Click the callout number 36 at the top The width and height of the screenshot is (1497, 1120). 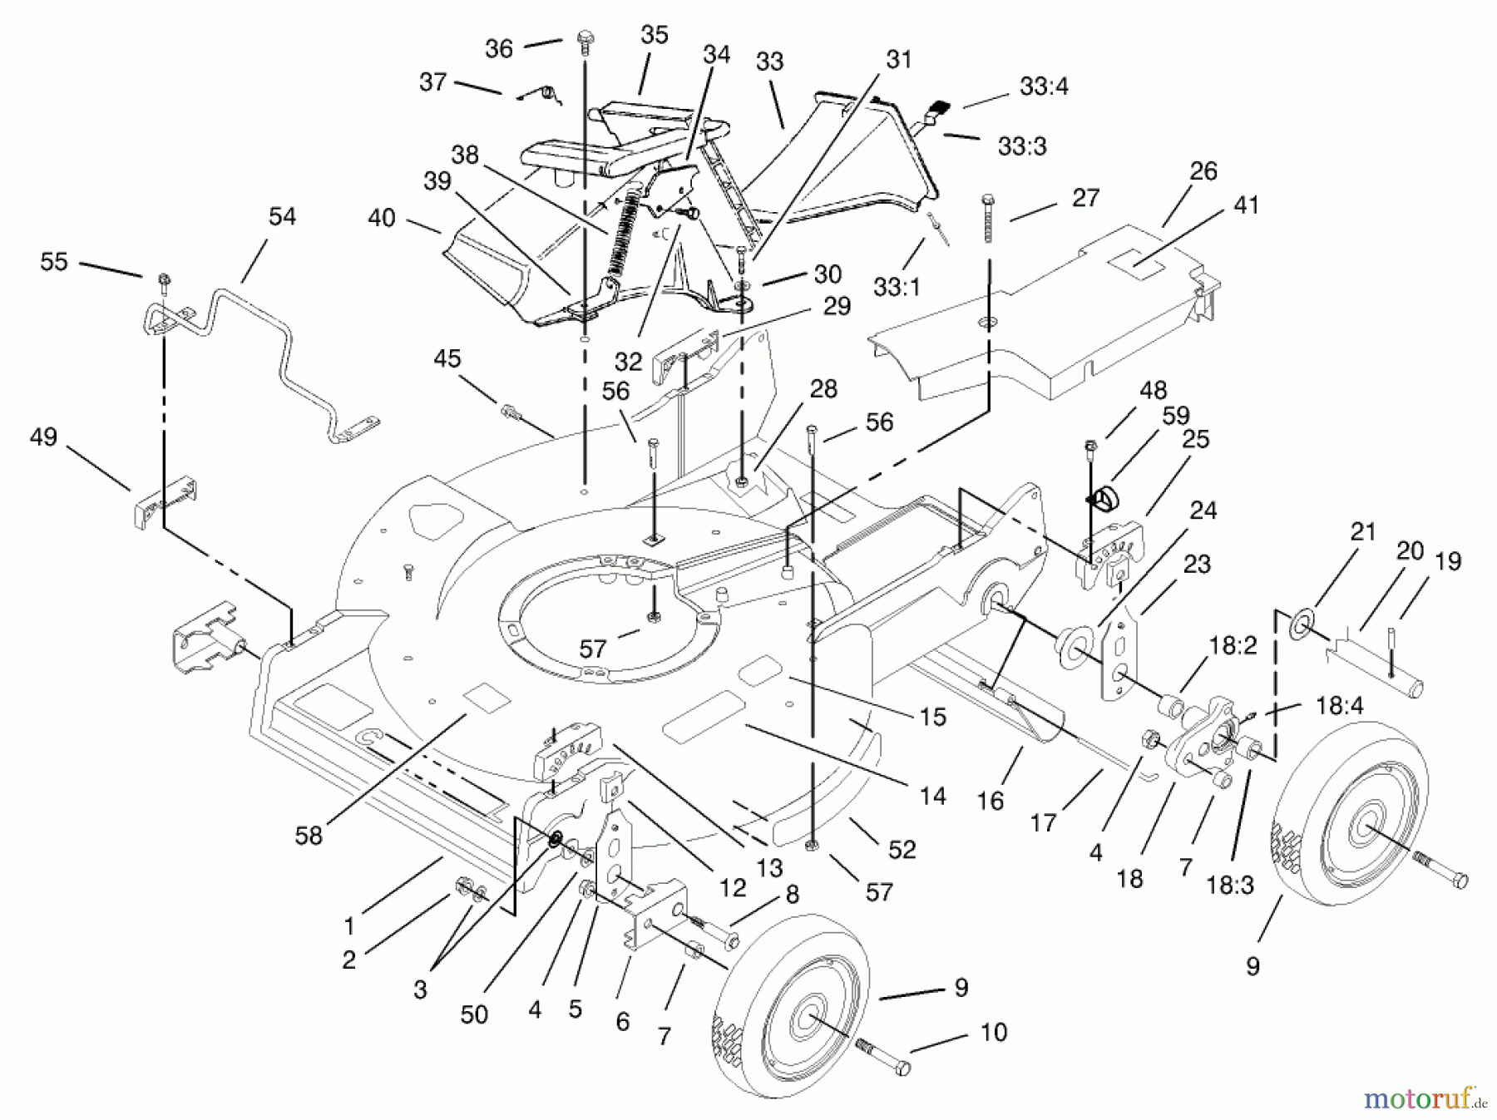(x=499, y=48)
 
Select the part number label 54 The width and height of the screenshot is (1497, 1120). (x=282, y=216)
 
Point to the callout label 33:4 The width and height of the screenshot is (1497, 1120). (x=1044, y=86)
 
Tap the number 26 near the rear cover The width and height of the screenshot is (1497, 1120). (x=1203, y=170)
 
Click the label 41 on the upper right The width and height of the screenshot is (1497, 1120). (x=1246, y=205)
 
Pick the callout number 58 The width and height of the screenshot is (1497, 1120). (x=309, y=836)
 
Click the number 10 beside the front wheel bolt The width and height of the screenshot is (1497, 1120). (x=994, y=1032)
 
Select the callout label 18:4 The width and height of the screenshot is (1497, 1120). (x=1340, y=706)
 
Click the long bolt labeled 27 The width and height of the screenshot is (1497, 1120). (x=988, y=216)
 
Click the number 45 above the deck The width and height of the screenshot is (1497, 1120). (x=447, y=358)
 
